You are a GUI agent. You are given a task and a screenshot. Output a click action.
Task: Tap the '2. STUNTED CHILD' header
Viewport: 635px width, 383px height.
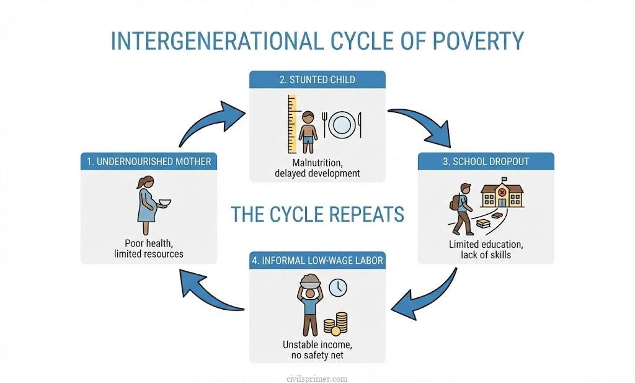pyautogui.click(x=317, y=79)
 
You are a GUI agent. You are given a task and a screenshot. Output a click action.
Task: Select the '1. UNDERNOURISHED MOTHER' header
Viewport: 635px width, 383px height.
pyautogui.click(x=149, y=161)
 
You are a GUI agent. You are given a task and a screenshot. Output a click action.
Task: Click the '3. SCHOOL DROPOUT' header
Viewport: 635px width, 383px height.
pyautogui.click(x=486, y=161)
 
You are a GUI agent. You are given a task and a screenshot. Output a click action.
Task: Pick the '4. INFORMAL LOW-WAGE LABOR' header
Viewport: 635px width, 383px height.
pyautogui.click(x=317, y=260)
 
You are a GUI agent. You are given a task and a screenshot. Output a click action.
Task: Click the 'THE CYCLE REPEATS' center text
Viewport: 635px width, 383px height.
pyautogui.click(x=317, y=214)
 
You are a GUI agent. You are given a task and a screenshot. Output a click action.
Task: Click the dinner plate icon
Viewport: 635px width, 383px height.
pyautogui.click(x=341, y=124)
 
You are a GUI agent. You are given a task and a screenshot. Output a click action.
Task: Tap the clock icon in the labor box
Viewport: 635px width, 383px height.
pyautogui.click(x=338, y=287)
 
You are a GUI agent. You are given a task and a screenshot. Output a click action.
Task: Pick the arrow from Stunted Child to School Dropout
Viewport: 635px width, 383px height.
pyautogui.click(x=425, y=125)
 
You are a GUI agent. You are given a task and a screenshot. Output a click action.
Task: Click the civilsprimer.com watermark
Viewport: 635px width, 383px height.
pyautogui.click(x=317, y=378)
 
